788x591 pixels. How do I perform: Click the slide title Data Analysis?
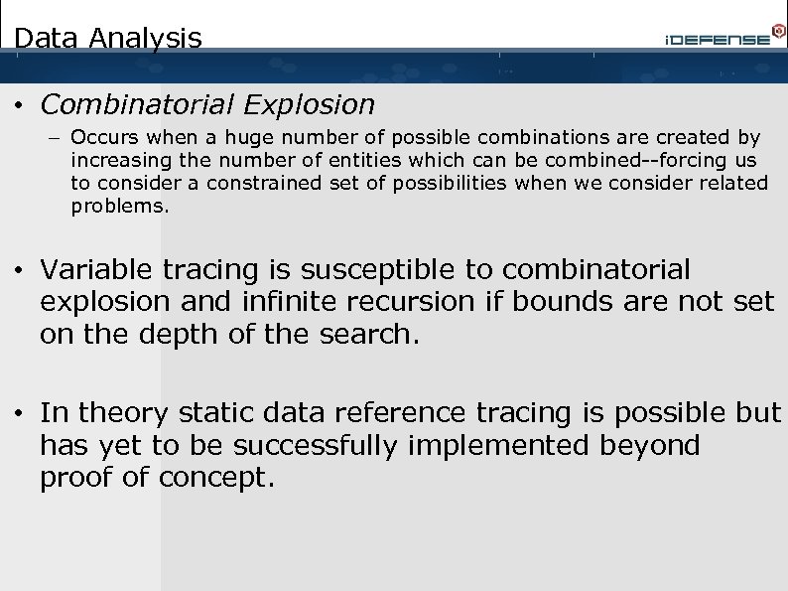pyautogui.click(x=108, y=39)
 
